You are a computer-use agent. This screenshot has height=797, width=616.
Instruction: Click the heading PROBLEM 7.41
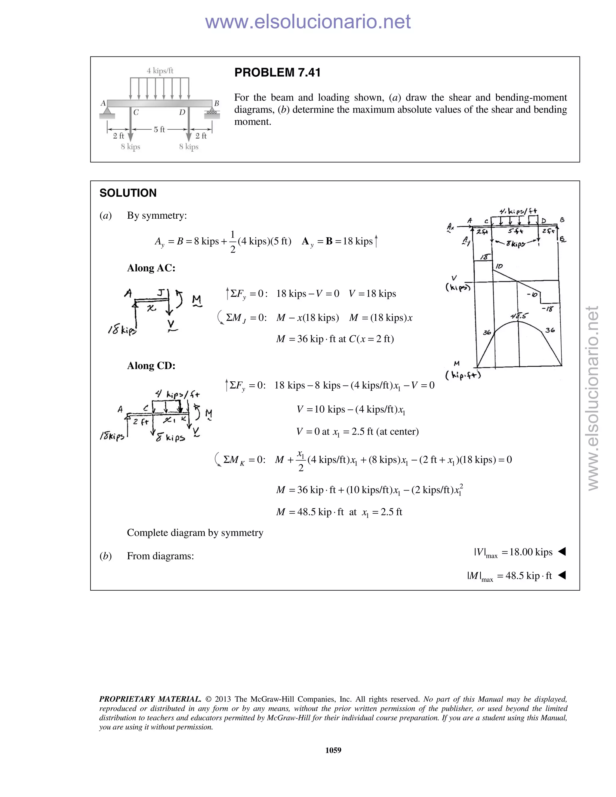pyautogui.click(x=277, y=72)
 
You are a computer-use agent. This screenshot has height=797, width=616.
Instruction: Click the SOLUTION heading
pyautogui.click(x=128, y=193)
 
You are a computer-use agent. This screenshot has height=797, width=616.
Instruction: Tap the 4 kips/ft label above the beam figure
pyautogui.click(x=160, y=71)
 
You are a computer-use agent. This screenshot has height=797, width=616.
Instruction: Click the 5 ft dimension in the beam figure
pyautogui.click(x=159, y=129)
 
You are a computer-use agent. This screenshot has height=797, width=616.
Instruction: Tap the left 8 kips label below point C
pyautogui.click(x=131, y=147)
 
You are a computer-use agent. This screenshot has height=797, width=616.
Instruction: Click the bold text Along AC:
pyautogui.click(x=151, y=268)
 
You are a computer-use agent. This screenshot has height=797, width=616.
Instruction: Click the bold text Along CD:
pyautogui.click(x=151, y=366)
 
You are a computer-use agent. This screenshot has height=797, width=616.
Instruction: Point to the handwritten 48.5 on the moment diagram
pyautogui.click(x=519, y=316)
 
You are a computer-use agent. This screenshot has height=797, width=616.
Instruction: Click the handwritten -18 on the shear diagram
pyautogui.click(x=547, y=309)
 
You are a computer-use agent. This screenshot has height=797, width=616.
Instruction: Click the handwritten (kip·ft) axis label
pyautogui.click(x=463, y=375)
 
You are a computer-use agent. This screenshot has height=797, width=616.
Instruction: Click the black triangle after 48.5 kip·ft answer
pyautogui.click(x=562, y=575)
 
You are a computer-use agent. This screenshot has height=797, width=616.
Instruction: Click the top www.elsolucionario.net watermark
pyautogui.click(x=308, y=22)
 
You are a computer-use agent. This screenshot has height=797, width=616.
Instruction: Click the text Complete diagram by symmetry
pyautogui.click(x=195, y=533)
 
